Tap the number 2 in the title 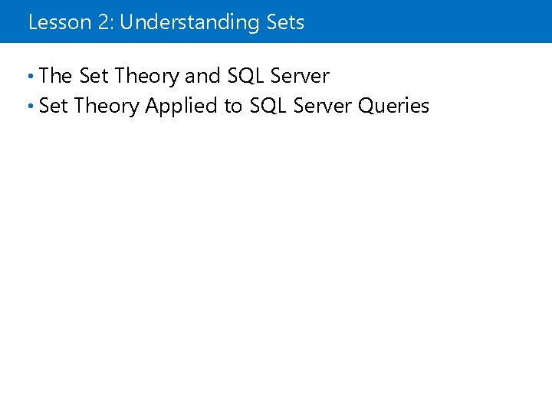[x=101, y=22]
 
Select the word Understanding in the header [x=189, y=23]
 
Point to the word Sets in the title [x=285, y=22]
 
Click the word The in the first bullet [x=55, y=76]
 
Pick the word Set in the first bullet [x=94, y=76]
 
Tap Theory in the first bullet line [x=147, y=77]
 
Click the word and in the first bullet [x=202, y=76]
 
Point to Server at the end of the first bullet [x=301, y=76]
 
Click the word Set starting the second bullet [x=54, y=106]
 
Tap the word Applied [x=182, y=107]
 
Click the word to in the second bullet [x=233, y=107]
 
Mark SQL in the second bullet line [x=268, y=106]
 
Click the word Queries [x=394, y=107]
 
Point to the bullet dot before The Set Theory [x=30, y=76]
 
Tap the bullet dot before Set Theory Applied [x=30, y=106]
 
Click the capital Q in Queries [x=366, y=106]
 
